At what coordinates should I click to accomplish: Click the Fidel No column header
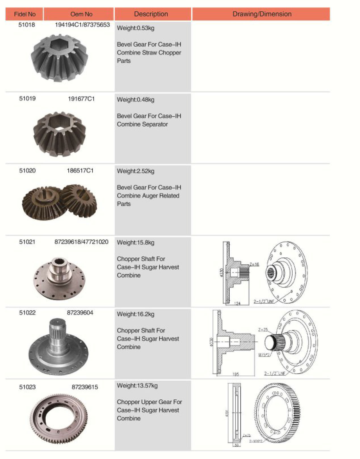pyautogui.click(x=25, y=14)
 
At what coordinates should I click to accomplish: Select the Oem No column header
pyautogui.click(x=81, y=14)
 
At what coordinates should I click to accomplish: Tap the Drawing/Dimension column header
pyautogui.click(x=262, y=14)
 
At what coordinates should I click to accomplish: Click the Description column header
pyautogui.click(x=151, y=14)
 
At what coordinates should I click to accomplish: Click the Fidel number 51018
pyautogui.click(x=27, y=25)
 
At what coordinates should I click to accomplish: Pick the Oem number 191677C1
pyautogui.click(x=81, y=99)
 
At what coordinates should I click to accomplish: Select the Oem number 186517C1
pyautogui.click(x=80, y=171)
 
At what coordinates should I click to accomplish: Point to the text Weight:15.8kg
pyautogui.click(x=136, y=243)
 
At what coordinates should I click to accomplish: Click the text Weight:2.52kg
pyautogui.click(x=136, y=171)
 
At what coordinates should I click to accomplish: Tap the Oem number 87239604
pyautogui.click(x=80, y=313)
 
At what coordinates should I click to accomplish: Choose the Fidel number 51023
pyautogui.click(x=27, y=387)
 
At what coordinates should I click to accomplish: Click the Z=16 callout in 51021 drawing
pyautogui.click(x=254, y=264)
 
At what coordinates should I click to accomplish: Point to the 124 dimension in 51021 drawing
pyautogui.click(x=237, y=303)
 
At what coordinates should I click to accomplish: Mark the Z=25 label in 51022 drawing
pyautogui.click(x=263, y=330)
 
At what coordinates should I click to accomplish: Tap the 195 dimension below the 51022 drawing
pyautogui.click(x=235, y=374)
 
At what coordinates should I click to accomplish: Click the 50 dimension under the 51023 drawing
pyautogui.click(x=237, y=445)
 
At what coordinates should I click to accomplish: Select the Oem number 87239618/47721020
pyautogui.click(x=81, y=242)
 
